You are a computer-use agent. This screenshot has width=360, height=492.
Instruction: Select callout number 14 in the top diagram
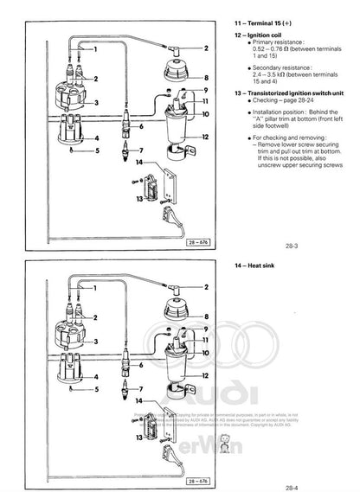(127, 162)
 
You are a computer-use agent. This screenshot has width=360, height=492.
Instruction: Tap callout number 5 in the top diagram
(98, 150)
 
